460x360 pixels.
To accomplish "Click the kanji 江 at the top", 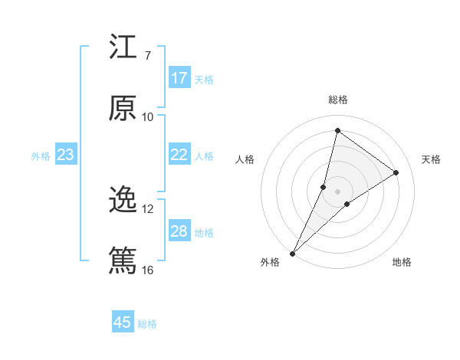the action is pos(123,47).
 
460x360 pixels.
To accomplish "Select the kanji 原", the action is pos(123,108).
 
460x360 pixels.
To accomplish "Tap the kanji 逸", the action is pos(123,201).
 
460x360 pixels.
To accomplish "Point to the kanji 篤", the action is pos(123,261).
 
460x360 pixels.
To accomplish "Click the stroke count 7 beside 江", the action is pos(148,56).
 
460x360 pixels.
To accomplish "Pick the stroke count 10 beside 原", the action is pos(148,116).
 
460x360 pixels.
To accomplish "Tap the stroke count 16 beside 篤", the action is pos(148,270).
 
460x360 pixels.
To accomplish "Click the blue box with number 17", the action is pos(179,78).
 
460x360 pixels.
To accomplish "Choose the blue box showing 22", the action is pos(179,155).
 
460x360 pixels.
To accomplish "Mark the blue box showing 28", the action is pos(179,231).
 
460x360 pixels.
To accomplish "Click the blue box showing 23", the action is pos(66,155).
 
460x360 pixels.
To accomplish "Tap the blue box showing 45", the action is pos(123,322).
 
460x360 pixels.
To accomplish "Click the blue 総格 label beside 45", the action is pos(147,324).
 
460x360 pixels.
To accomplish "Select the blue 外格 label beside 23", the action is pos(41,156).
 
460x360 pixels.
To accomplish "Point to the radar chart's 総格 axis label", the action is pos(338,100).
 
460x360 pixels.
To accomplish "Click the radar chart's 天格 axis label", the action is pos(432,159).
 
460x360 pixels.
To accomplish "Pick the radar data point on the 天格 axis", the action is pos(396,172).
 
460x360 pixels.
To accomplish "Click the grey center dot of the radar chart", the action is pos(338,191).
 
